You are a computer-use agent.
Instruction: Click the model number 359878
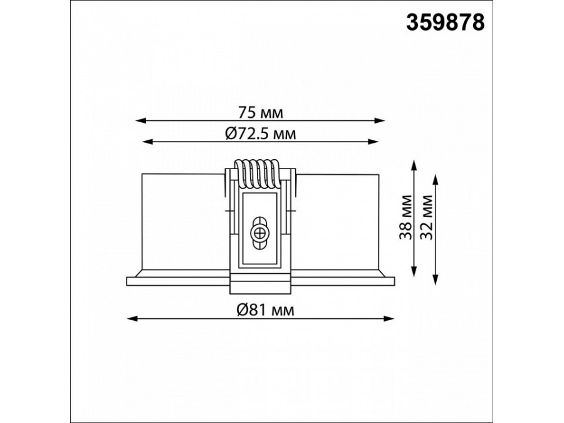446,23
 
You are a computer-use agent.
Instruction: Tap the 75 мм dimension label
261,113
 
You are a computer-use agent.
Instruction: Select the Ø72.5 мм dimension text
261,134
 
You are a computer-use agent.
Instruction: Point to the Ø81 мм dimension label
266,310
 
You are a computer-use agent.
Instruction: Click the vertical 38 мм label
407,217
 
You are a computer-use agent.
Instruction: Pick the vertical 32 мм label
427,217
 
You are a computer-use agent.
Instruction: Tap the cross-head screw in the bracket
258,233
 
